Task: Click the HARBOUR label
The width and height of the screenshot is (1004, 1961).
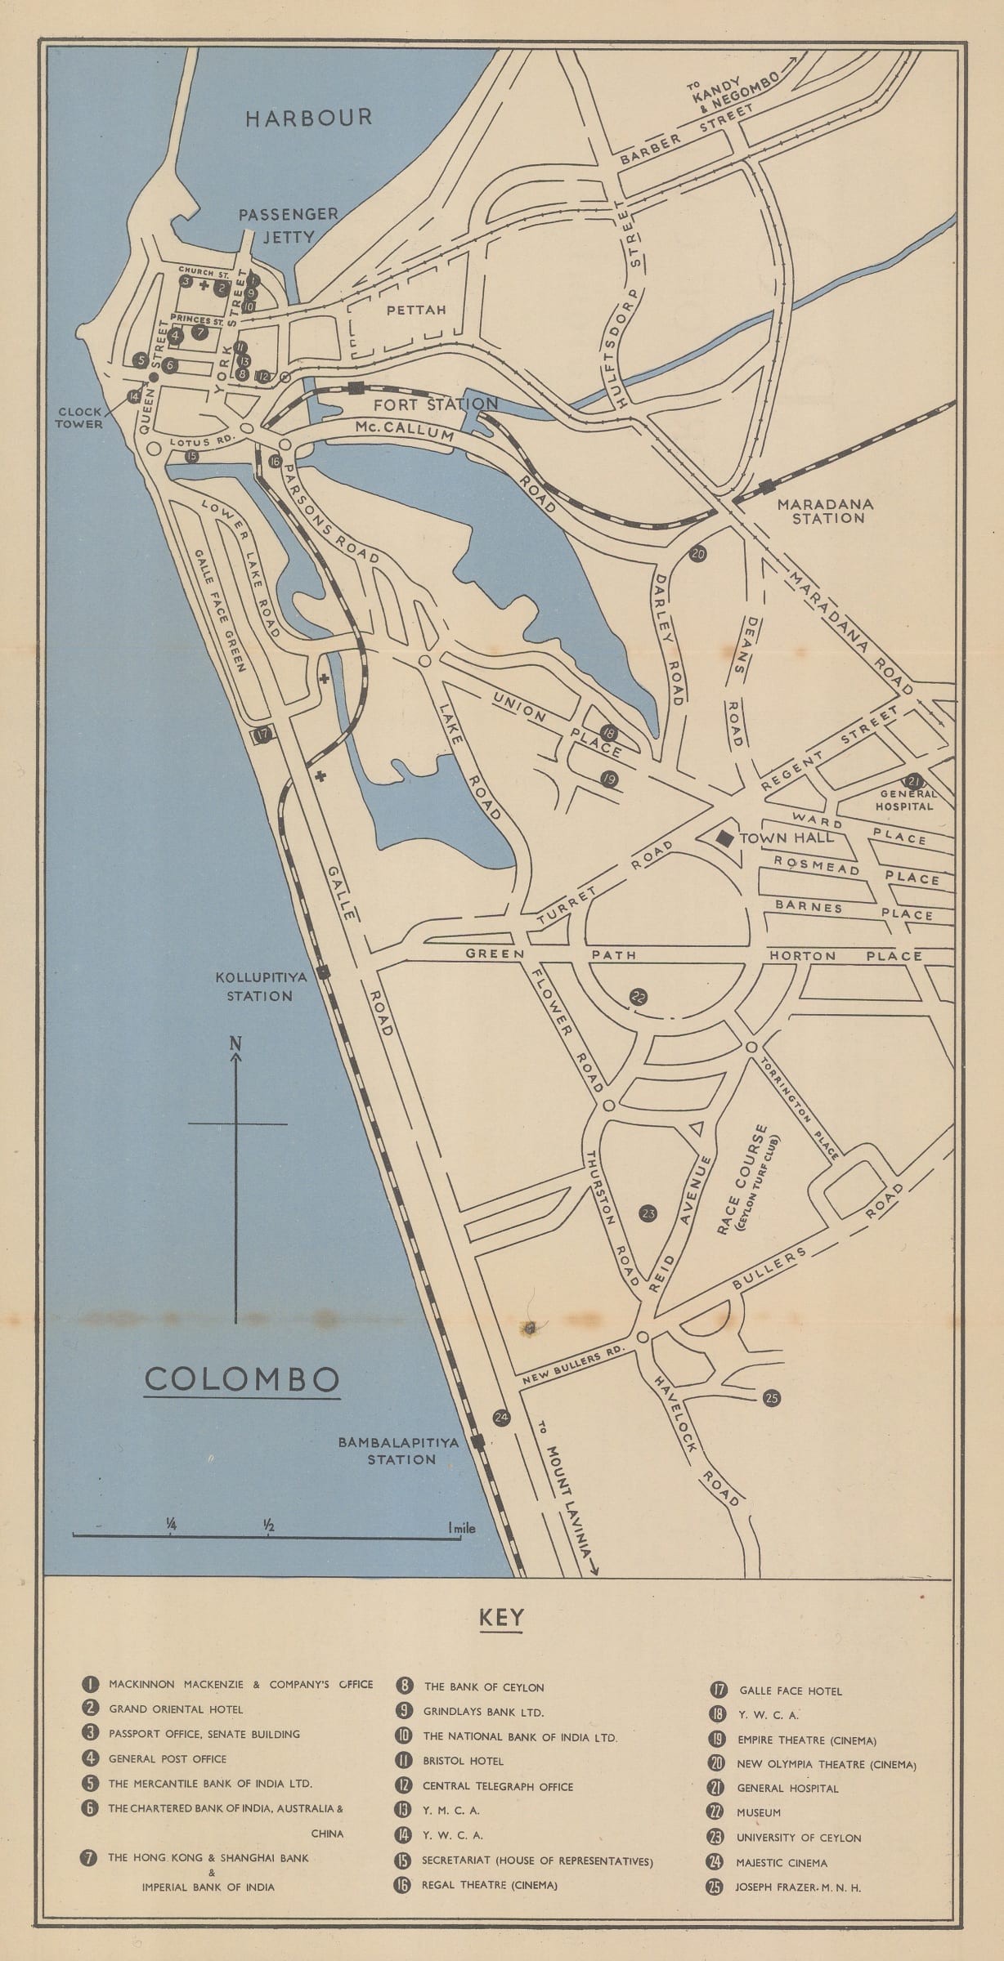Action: tap(309, 118)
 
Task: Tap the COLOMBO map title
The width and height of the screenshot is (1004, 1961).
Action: tap(242, 1380)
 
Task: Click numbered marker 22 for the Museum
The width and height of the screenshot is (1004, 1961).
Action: tap(639, 997)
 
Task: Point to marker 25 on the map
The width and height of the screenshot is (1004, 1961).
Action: tap(771, 1398)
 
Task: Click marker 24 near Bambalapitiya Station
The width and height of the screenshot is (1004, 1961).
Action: tap(502, 1418)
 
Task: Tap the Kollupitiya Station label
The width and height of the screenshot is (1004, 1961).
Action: tap(253, 986)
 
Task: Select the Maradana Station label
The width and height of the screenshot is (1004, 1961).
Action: tap(827, 511)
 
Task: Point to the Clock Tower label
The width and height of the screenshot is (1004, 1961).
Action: tap(80, 418)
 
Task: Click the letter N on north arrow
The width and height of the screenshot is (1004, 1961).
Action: tap(235, 1043)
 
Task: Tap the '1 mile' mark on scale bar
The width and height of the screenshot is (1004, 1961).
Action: tap(462, 1528)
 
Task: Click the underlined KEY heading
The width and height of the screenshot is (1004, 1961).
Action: tap(501, 1617)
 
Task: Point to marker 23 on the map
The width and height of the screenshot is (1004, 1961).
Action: tap(648, 1213)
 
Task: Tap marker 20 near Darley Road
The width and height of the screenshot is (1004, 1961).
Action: tap(697, 554)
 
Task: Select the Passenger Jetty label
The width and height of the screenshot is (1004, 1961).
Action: tap(288, 225)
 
